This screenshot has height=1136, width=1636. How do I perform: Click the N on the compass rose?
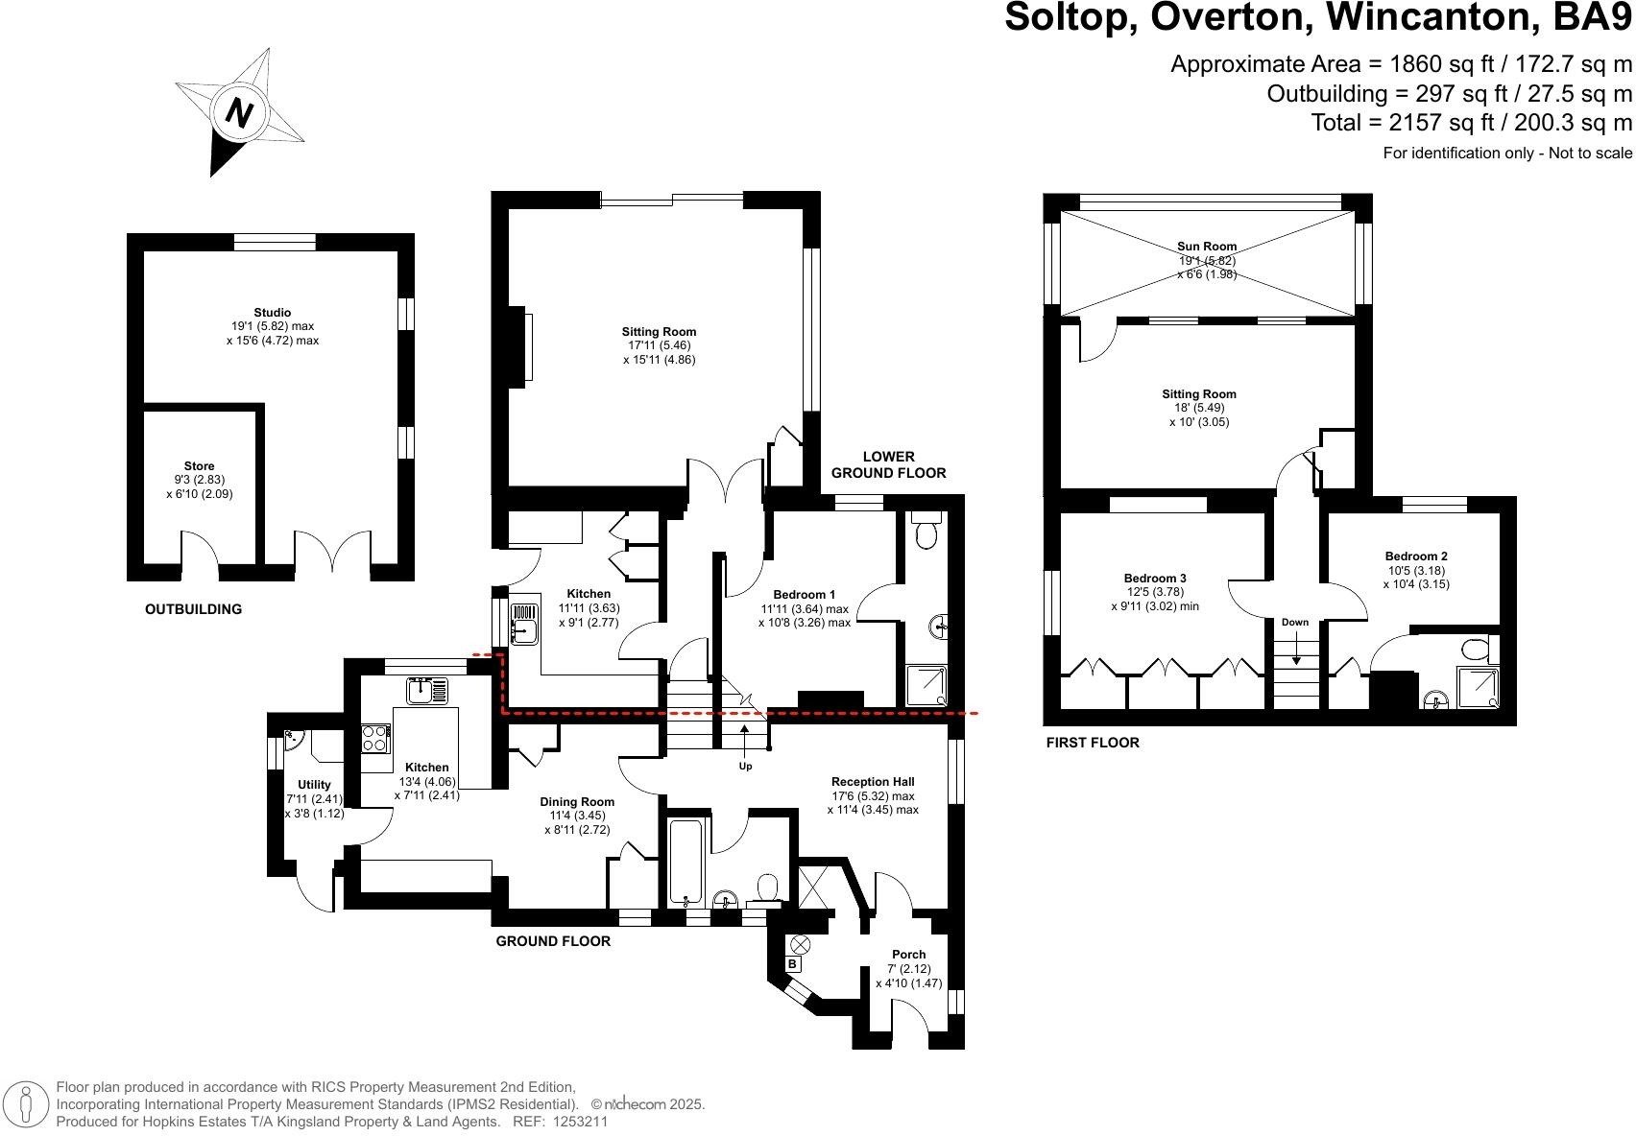click(x=238, y=114)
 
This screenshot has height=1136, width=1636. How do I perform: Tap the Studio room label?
click(x=273, y=313)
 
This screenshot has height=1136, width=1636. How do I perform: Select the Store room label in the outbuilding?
click(x=200, y=466)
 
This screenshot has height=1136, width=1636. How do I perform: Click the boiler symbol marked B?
click(x=792, y=964)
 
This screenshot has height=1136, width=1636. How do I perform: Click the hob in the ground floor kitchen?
click(x=375, y=738)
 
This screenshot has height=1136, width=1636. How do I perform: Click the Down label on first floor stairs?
click(x=1294, y=623)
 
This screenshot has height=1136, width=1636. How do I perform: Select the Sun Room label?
click(x=1207, y=247)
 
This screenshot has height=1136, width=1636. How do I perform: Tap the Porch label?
click(x=908, y=955)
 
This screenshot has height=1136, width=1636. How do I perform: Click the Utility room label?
click(x=314, y=785)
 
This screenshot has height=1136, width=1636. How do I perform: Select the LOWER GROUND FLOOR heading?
click(x=888, y=464)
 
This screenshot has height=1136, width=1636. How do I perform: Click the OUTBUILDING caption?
click(x=193, y=609)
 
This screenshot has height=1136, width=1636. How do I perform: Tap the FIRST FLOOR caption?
click(x=1093, y=743)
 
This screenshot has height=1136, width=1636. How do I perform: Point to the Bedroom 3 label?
click(x=1155, y=579)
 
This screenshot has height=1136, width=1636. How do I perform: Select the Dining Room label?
click(x=577, y=802)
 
